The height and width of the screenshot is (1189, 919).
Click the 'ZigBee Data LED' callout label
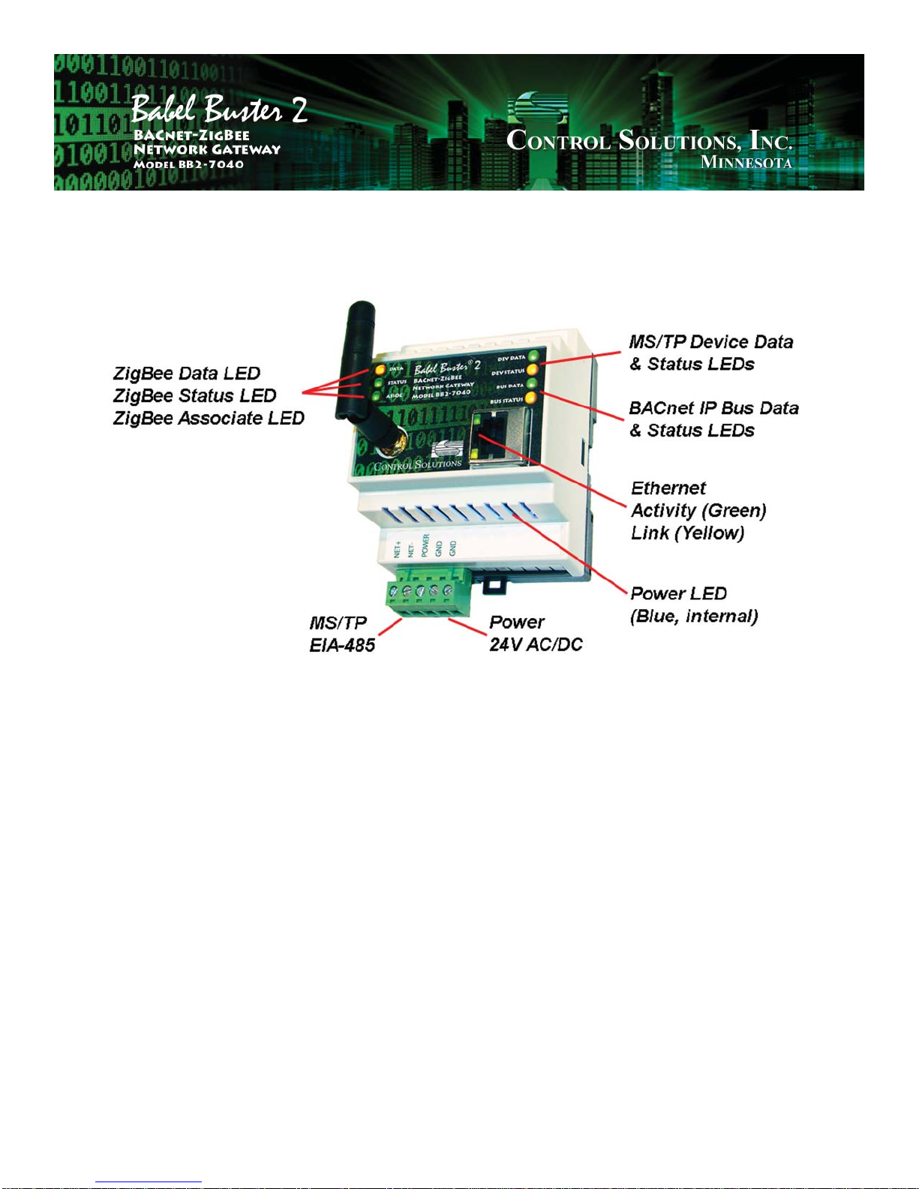pos(187,374)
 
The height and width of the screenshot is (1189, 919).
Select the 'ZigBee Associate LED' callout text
pos(209,419)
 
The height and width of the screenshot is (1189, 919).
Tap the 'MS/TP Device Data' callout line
pos(710,342)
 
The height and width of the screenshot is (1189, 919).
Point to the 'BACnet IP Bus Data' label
pos(713,408)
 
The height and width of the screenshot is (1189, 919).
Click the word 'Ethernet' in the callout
pos(668,488)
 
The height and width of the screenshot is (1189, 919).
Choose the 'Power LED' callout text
pos(678,594)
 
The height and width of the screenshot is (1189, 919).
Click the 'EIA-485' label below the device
pos(342,645)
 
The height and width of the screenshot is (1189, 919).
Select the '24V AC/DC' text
pos(536,645)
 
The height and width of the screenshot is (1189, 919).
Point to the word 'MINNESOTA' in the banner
pos(746,162)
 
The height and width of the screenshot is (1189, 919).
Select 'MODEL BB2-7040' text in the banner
pos(188,164)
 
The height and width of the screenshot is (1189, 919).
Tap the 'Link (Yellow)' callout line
pos(687,533)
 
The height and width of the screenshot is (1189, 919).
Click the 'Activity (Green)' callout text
pos(698,511)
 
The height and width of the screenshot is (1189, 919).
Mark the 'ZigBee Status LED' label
pos(195,396)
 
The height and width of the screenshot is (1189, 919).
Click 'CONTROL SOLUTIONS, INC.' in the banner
pos(650,140)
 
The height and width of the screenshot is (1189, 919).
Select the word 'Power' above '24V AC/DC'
pos(517,623)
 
